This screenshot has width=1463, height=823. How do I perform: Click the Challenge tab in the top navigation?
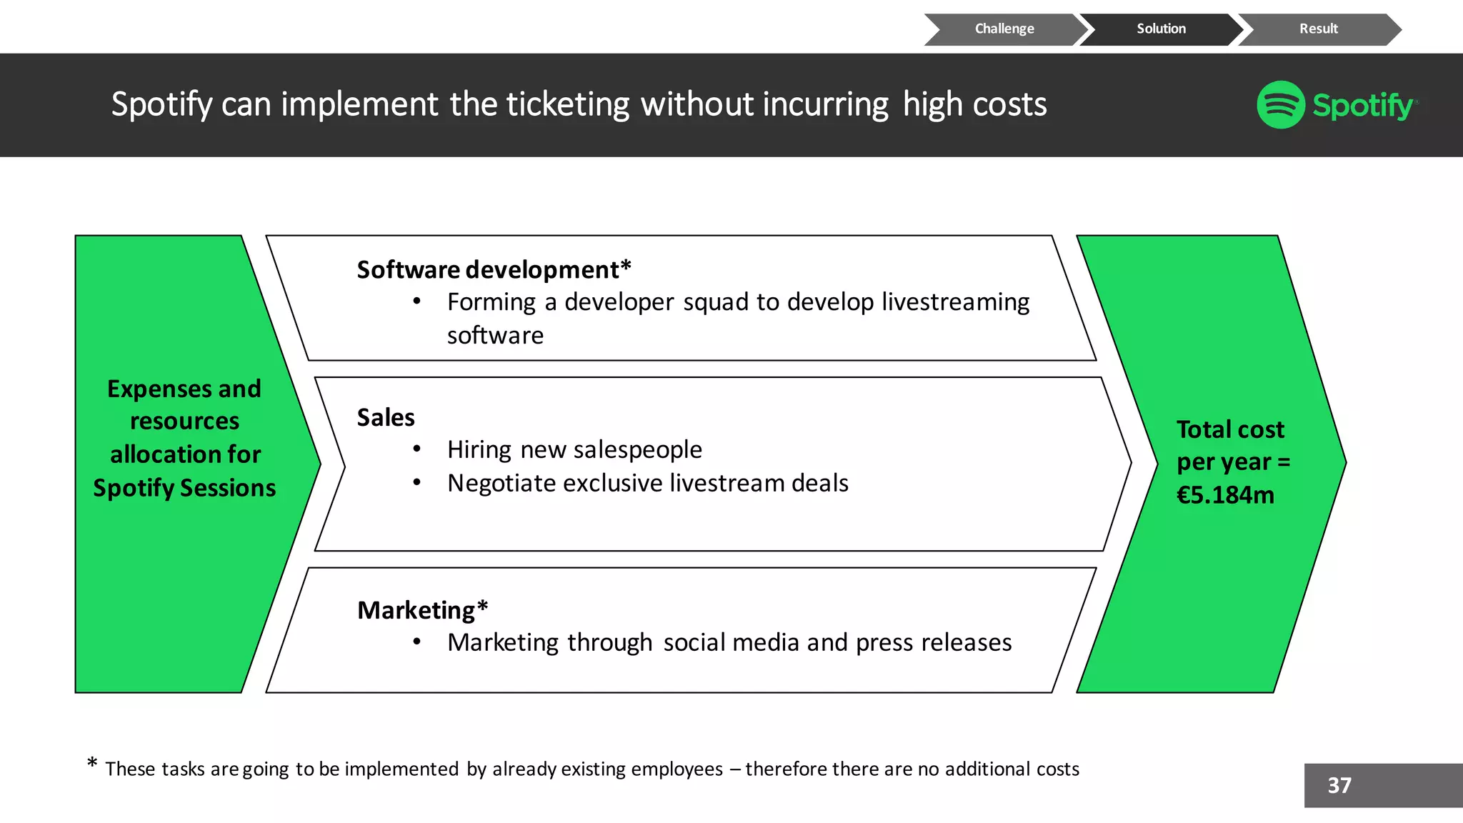[1004, 29]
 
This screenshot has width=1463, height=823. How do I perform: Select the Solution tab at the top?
[1161, 29]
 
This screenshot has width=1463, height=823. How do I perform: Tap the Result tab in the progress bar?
[1318, 29]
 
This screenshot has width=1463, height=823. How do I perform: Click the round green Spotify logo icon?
[1281, 105]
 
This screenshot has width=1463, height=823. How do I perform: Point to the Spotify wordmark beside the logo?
[1362, 106]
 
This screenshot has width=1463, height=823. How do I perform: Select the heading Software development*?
[494, 270]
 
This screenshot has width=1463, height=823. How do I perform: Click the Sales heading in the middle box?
[386, 417]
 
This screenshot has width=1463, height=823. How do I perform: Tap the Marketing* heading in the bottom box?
[422, 610]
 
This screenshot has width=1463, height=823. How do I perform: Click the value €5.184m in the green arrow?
[1225, 495]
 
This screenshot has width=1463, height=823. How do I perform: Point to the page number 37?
[1339, 786]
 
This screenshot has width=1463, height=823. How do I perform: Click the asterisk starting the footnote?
[92, 764]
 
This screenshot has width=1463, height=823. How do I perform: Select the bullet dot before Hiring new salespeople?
[416, 449]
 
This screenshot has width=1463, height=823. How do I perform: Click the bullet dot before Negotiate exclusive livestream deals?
[416, 483]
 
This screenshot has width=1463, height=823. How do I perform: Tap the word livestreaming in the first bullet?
[955, 302]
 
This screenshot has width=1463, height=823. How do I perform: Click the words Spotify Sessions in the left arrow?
[184, 488]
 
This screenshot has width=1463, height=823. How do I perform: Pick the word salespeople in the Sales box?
[638, 449]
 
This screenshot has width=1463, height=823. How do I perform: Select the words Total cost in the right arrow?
[1230, 429]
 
